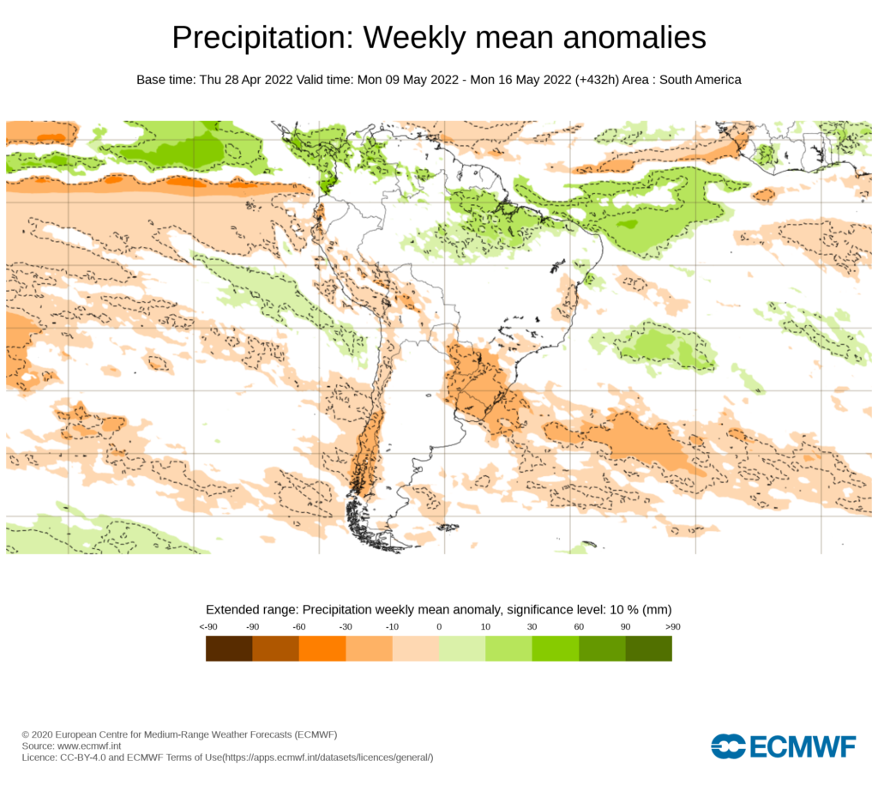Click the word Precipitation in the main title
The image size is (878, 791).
point(262,38)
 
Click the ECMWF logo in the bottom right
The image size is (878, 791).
point(783,746)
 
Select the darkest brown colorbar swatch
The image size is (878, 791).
point(229,649)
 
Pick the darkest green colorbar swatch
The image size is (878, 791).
point(649,649)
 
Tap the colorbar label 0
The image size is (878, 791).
point(439,627)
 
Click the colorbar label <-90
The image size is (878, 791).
point(207,627)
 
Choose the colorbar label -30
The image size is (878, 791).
point(346,627)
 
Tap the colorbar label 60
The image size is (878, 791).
point(579,627)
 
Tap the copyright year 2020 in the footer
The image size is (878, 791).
point(45,735)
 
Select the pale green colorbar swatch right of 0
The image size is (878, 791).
point(462,649)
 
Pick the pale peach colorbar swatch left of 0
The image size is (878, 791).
point(416,649)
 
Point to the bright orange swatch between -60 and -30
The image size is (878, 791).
point(322,649)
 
